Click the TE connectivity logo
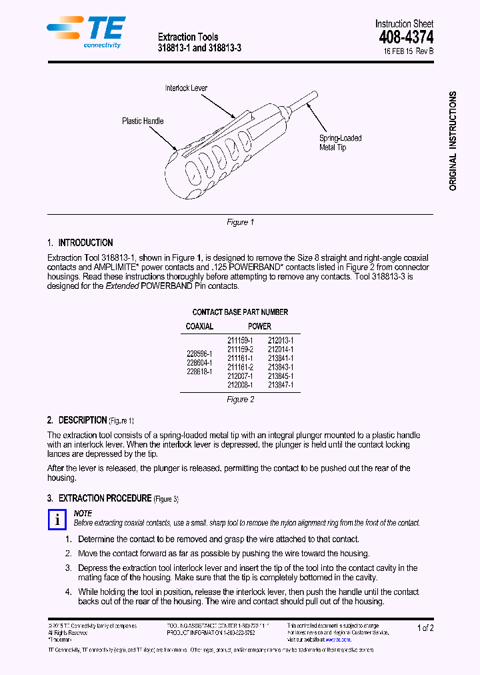85,31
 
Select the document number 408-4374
406,37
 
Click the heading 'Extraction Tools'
187,37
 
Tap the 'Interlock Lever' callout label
186,88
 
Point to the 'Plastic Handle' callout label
142,121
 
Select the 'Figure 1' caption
240,222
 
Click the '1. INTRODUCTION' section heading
80,243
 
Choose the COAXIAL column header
199,326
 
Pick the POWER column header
259,326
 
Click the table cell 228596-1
199,354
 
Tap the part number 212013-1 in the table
280,340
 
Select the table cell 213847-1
280,385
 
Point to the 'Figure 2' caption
240,400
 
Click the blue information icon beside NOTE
58,520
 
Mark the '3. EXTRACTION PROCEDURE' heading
113,498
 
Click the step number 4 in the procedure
68,592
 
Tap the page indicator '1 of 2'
425,628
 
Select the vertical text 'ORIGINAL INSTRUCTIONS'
453,141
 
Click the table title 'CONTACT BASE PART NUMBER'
240,312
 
